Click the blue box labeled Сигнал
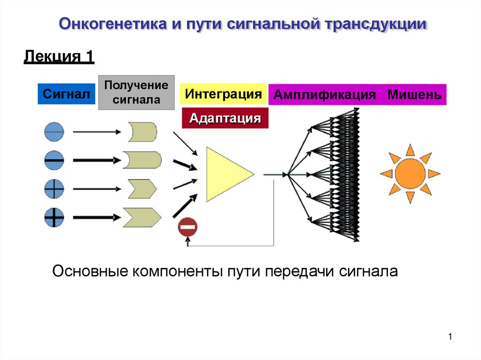click(66, 94)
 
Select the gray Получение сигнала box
click(136, 92)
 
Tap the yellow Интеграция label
click(223, 94)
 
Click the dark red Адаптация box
click(225, 118)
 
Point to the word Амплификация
click(325, 95)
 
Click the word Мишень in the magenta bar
click(414, 95)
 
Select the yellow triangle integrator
click(226, 174)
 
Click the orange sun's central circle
click(410, 174)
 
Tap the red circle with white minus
click(187, 228)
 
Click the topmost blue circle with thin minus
click(54, 132)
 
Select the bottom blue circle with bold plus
click(54, 217)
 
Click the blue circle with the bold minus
click(54, 161)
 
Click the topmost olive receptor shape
click(142, 132)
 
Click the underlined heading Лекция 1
click(59, 57)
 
